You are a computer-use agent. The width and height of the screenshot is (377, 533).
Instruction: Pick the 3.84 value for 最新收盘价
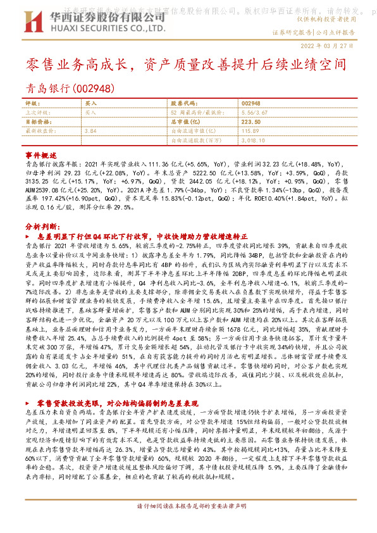click(x=89, y=130)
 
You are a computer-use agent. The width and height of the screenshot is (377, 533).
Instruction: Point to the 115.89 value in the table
click(x=250, y=130)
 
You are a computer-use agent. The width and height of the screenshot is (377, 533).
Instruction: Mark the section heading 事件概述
click(x=40, y=154)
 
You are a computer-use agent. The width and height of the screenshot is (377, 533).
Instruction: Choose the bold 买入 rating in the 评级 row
click(x=90, y=103)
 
